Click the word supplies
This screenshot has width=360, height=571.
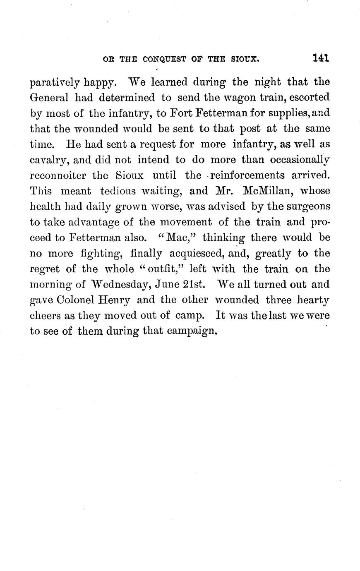[x=293, y=113]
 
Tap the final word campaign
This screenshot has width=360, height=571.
[x=192, y=331]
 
